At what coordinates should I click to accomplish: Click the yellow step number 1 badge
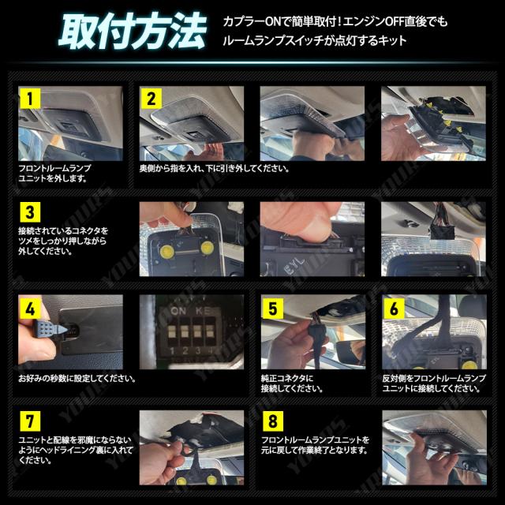pyautogui.click(x=30, y=98)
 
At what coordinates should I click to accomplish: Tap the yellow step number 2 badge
pyautogui.click(x=151, y=98)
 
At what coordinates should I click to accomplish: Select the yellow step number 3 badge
pyautogui.click(x=30, y=212)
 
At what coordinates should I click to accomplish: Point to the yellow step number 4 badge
pyautogui.click(x=30, y=309)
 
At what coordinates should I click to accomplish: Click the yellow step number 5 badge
pyautogui.click(x=272, y=309)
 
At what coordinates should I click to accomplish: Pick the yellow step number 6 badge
pyautogui.click(x=394, y=309)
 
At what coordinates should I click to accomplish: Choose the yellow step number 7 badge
pyautogui.click(x=30, y=421)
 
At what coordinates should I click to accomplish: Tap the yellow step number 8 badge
pyautogui.click(x=272, y=421)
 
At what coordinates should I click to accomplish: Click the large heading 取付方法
pyautogui.click(x=133, y=32)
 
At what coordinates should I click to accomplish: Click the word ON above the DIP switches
pyautogui.click(x=178, y=311)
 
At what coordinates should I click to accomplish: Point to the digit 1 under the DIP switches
pyautogui.click(x=172, y=350)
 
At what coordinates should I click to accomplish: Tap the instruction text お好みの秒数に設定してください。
pyautogui.click(x=77, y=378)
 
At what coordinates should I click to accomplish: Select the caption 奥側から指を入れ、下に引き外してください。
pyautogui.click(x=215, y=168)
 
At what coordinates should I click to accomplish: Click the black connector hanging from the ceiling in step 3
pyautogui.click(x=442, y=230)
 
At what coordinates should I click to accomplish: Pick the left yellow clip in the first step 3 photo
pyautogui.click(x=166, y=251)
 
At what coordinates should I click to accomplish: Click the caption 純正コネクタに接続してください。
pyautogui.click(x=292, y=383)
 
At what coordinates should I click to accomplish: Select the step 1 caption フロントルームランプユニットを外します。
pyautogui.click(x=54, y=174)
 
